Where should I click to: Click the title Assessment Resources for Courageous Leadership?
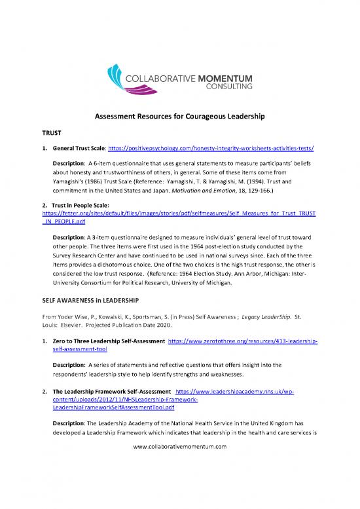tap(180, 117)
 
